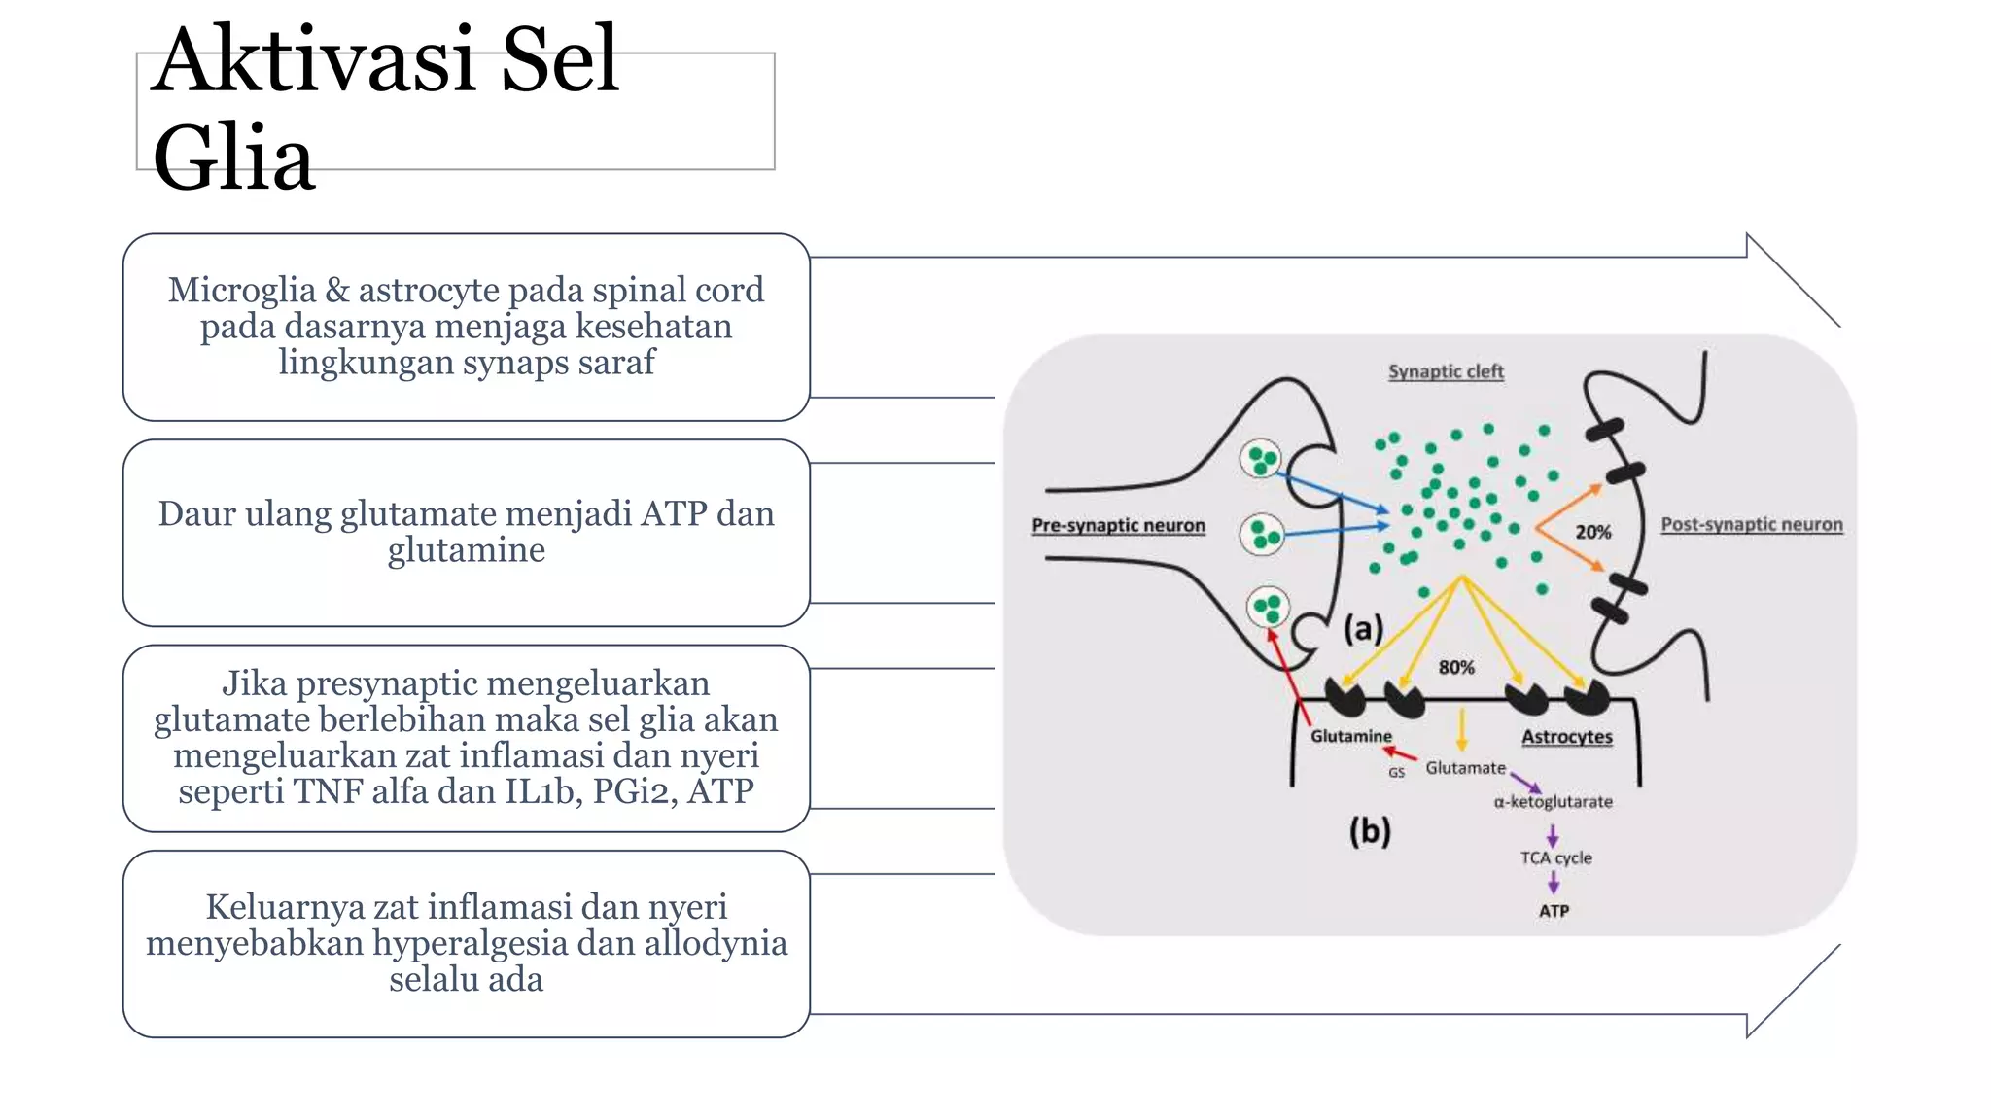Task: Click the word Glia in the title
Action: [x=233, y=158]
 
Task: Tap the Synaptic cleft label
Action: [x=1446, y=371]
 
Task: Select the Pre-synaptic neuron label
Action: [x=1118, y=525]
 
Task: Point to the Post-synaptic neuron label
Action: [x=1751, y=524]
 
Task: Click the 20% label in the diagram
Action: [x=1592, y=532]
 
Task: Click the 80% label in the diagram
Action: [x=1455, y=667]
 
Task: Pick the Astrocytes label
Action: [x=1566, y=737]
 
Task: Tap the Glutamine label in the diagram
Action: [x=1350, y=736]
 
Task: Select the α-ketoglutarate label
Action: [x=1553, y=802]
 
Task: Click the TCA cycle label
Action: [x=1555, y=857]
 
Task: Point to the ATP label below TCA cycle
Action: [x=1554, y=911]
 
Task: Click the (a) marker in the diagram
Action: [x=1363, y=629]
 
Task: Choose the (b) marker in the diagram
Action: [x=1370, y=831]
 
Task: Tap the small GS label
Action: [x=1396, y=773]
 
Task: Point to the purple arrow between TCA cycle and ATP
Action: [x=1554, y=883]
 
